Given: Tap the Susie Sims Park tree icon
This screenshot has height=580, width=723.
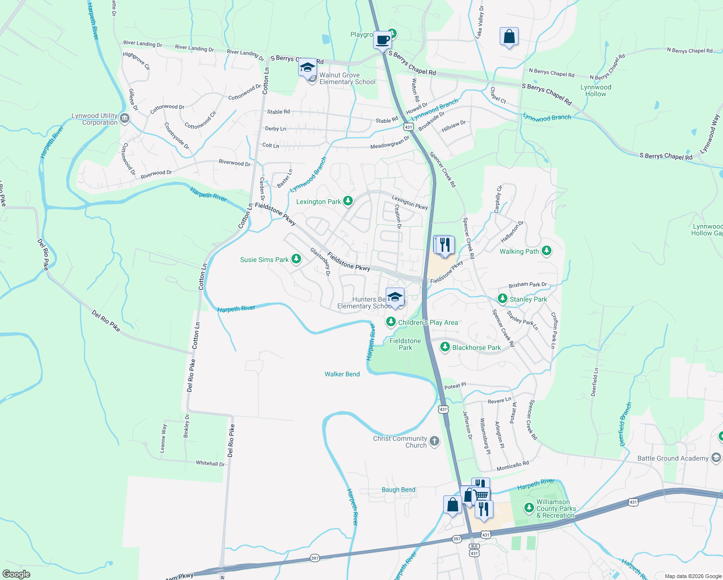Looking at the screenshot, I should point(296,260).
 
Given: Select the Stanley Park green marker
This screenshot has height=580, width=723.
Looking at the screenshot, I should point(503,299).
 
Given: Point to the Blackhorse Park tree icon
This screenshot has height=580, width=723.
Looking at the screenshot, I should point(445,348).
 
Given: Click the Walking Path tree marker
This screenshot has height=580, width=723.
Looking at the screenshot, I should point(547,251).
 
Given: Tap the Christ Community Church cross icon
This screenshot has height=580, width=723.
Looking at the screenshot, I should point(434,441).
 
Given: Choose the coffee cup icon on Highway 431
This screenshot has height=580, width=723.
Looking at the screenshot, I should point(382,40).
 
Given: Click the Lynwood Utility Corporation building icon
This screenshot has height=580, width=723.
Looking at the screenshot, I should point(125,118).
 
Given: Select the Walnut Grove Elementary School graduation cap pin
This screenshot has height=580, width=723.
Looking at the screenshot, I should point(307,68).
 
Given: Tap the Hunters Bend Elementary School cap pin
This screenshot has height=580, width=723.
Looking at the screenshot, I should point(395,297).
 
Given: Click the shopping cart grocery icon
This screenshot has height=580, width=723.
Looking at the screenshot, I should point(481,495).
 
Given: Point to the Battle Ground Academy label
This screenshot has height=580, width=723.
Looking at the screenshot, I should point(673,458).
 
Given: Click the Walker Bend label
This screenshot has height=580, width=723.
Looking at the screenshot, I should point(342,374).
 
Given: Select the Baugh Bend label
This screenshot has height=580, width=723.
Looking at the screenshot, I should point(398,490).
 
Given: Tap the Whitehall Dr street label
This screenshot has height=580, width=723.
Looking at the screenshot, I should point(210,463).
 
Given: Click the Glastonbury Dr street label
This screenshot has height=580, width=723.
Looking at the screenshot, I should point(320,261).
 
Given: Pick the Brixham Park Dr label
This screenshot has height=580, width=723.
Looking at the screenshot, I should point(527,285).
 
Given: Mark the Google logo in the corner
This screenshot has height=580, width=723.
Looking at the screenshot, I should point(16,574).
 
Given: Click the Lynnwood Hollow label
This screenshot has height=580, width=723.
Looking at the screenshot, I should point(595,90).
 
